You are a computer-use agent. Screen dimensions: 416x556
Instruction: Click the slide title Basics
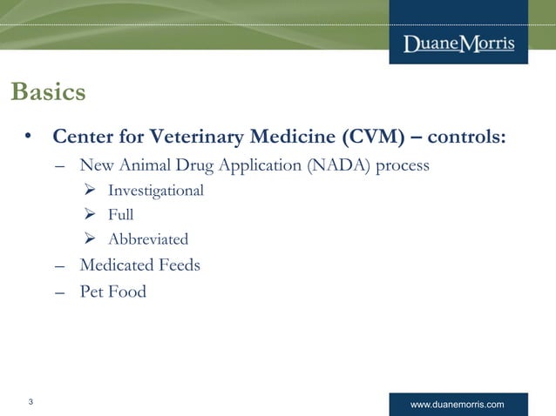[48, 92]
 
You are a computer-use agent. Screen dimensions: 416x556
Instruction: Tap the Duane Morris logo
[458, 44]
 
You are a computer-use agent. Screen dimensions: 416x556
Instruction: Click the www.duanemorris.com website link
[457, 405]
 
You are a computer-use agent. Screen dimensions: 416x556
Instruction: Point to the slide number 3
[31, 402]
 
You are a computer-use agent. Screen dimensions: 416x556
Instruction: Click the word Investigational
[156, 190]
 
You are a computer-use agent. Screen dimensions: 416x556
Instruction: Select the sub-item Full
[120, 214]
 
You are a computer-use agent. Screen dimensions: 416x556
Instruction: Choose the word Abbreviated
[147, 238]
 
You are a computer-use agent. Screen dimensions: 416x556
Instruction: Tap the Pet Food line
[112, 292]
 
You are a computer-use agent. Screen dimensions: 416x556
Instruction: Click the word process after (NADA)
[402, 165]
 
